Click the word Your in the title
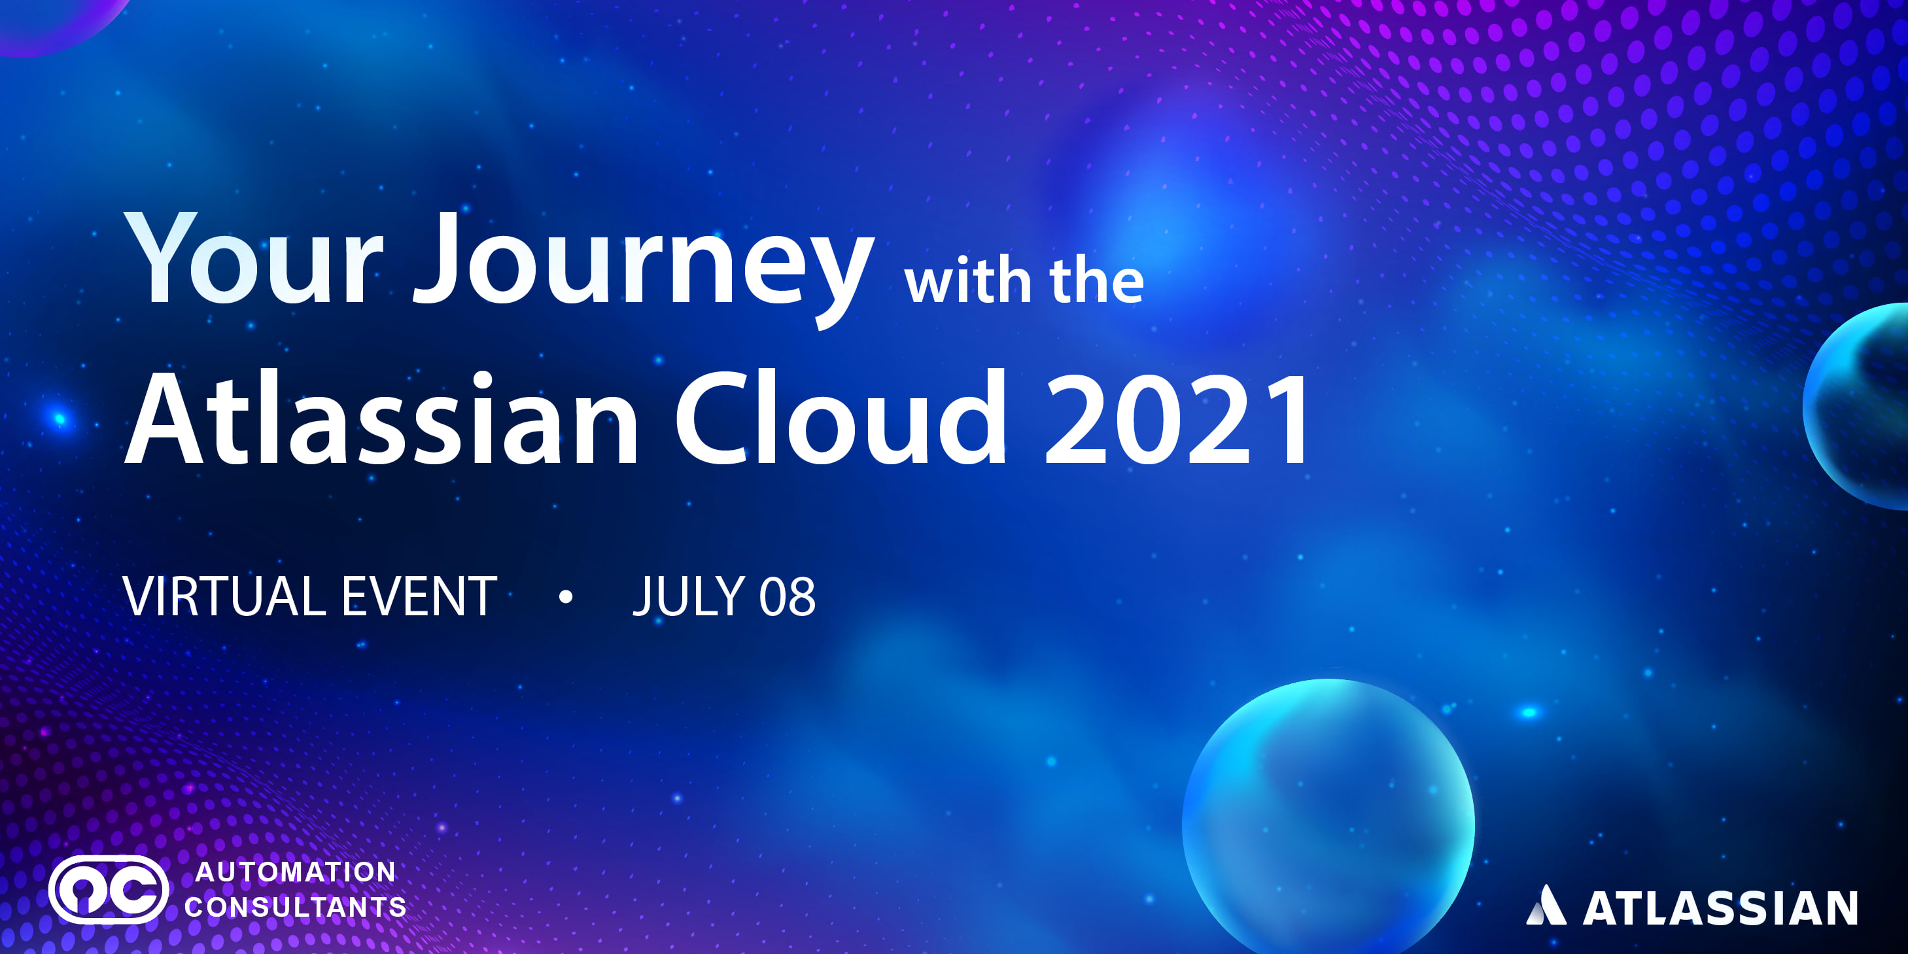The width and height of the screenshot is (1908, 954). [252, 259]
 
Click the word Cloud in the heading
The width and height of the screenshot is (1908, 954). [841, 419]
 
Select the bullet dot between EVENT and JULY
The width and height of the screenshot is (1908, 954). [566, 596]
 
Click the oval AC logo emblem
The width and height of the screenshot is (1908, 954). [109, 889]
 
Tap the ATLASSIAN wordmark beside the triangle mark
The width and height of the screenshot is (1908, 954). [1720, 908]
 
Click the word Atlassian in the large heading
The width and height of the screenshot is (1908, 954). [381, 419]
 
